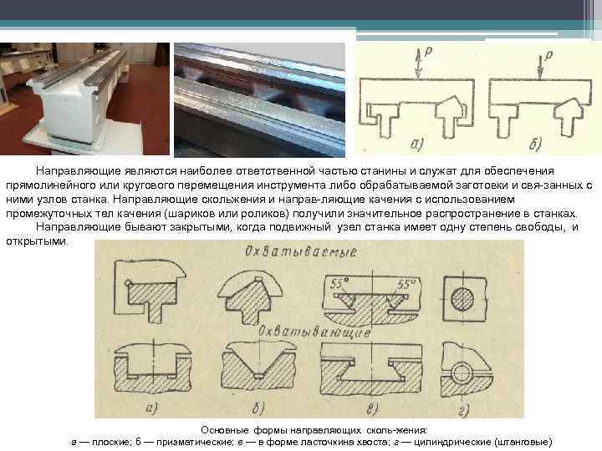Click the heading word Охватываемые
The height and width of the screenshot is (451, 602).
click(301, 251)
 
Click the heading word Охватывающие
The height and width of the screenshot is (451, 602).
click(315, 332)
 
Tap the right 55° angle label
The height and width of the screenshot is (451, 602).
click(406, 284)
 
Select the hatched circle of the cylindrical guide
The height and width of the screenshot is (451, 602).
click(462, 299)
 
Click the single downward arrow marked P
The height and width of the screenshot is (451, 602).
click(540, 67)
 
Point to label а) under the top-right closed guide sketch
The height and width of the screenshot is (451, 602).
click(417, 144)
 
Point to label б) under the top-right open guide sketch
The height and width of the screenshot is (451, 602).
click(535, 144)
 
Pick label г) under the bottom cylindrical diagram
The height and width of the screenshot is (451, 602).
click(464, 410)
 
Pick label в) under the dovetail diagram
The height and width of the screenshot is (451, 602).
click(371, 408)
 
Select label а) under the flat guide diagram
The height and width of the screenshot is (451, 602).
click(151, 408)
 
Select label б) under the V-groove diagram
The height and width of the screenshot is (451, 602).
click(258, 408)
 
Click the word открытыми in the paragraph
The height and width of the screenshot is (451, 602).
click(37, 241)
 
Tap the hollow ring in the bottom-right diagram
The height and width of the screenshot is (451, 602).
click(462, 362)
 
